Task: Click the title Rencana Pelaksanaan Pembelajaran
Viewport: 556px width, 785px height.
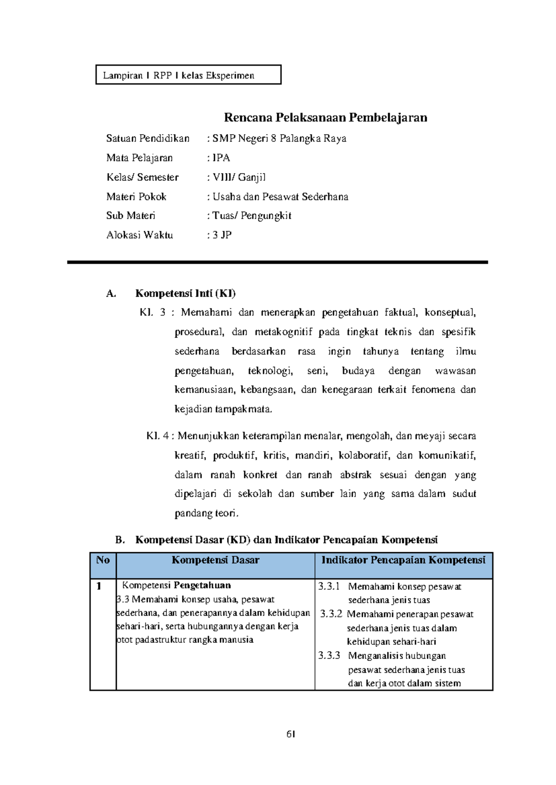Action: tap(325, 118)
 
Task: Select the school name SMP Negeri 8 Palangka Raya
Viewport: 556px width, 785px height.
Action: tap(279, 138)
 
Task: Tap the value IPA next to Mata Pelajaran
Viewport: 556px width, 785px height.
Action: tap(221, 158)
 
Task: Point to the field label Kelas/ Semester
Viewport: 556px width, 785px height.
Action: tap(142, 177)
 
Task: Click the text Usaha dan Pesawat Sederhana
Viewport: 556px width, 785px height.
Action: tap(280, 197)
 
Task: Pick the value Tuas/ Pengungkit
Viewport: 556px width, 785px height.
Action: tap(252, 216)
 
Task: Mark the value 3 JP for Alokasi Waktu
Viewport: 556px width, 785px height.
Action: tap(222, 235)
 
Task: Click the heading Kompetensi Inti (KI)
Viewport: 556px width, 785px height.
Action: tap(185, 293)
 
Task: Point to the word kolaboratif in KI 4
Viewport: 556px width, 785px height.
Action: tap(364, 455)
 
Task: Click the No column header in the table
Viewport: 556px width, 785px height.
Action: tap(103, 561)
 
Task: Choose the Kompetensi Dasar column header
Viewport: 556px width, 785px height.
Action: tap(215, 561)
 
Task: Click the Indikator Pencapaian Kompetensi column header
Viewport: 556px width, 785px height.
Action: tap(403, 561)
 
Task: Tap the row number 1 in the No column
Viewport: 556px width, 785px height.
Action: tap(99, 586)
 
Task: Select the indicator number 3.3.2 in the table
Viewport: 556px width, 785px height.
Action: tap(331, 614)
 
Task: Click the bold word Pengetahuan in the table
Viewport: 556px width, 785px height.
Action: tap(202, 586)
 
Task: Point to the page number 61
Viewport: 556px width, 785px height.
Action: tap(291, 734)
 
